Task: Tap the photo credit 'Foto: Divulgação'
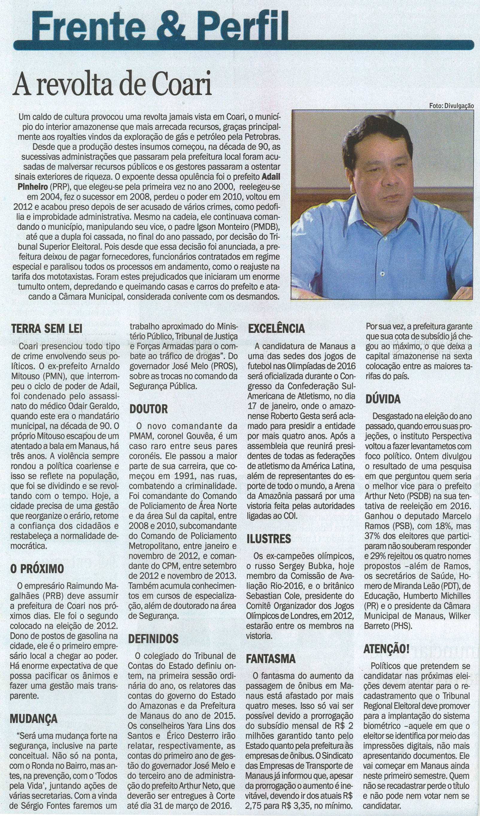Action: (x=452, y=105)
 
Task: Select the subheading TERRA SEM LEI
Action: (x=47, y=329)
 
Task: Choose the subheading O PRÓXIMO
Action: (x=37, y=569)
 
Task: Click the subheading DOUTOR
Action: (x=148, y=409)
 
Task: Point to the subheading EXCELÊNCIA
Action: (x=276, y=329)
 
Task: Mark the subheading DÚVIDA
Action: (x=383, y=399)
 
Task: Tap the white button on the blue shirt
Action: (x=382, y=274)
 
